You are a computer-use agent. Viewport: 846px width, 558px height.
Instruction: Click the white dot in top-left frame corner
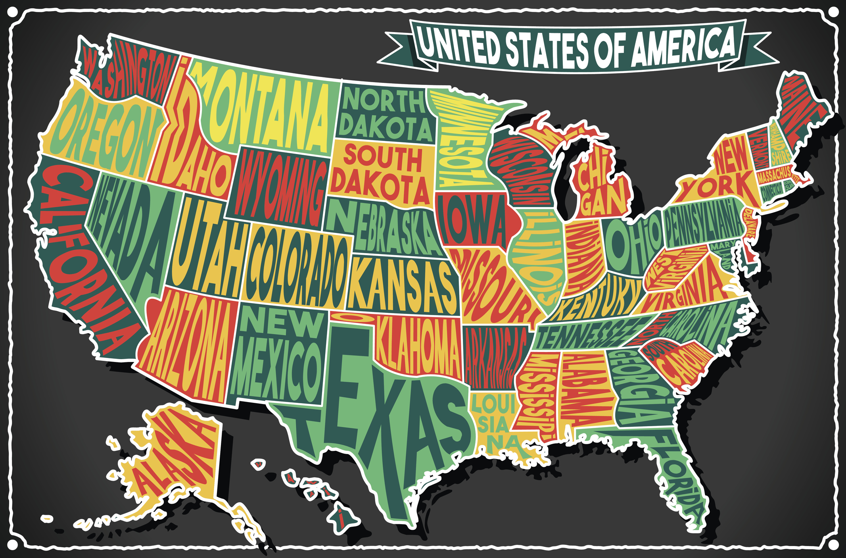[13, 13]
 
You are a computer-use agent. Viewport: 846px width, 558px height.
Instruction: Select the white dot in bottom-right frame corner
[833, 544]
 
